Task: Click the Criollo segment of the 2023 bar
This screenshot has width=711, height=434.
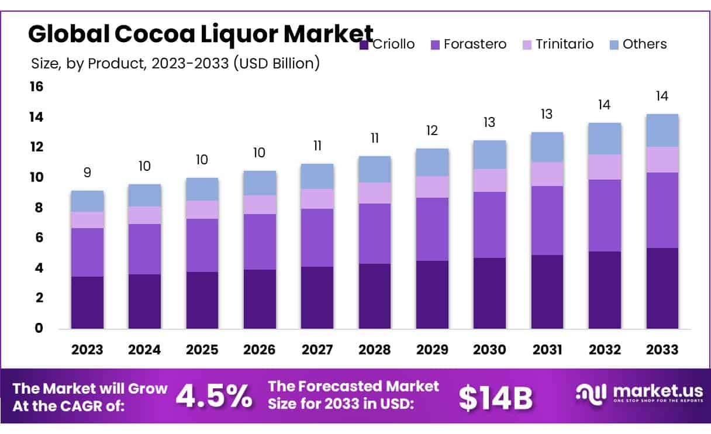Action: coord(87,302)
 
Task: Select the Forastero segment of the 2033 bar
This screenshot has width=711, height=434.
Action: coord(662,210)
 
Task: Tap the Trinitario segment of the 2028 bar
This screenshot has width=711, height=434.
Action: coord(375,193)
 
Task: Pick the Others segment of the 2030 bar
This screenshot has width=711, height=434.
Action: coord(489,154)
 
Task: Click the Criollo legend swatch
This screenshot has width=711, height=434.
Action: coord(364,44)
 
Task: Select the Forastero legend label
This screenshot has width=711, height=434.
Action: coord(475,44)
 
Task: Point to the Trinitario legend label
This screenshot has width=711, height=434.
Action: coord(565,44)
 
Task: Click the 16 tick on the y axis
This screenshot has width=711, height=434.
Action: coord(36,87)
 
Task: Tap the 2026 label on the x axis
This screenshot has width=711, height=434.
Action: coord(260,350)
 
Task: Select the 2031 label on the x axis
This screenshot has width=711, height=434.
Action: coord(547,350)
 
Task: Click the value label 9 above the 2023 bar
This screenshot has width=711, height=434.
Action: coord(87,173)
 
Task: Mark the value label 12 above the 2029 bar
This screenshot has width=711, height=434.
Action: coord(432,130)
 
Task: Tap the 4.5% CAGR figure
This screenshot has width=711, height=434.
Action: coord(214,397)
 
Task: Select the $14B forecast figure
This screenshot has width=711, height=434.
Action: coord(496,398)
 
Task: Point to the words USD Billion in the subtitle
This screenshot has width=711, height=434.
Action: coord(275,63)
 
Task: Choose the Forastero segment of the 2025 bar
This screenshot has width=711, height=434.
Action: coord(202,245)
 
